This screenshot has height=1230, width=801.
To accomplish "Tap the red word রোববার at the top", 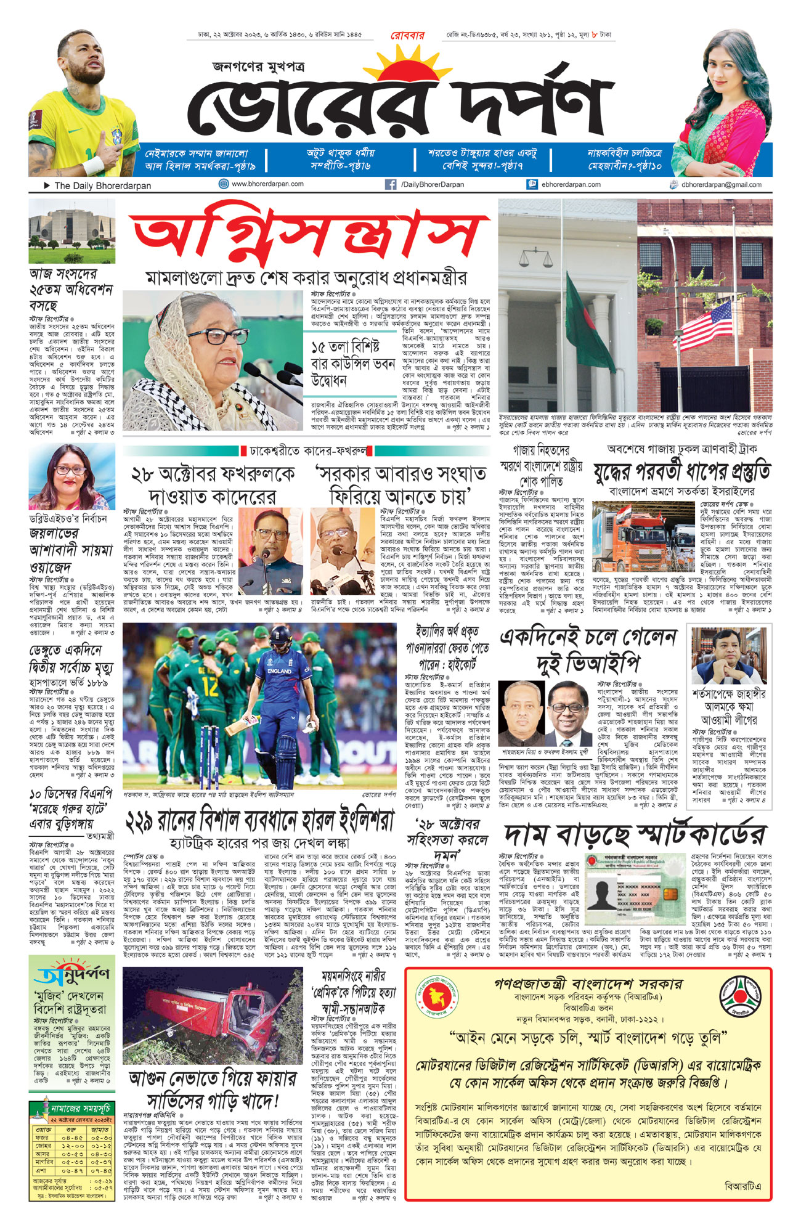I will pyautogui.click(x=407, y=36).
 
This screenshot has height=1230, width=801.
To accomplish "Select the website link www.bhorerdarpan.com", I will pyautogui.click(x=267, y=184).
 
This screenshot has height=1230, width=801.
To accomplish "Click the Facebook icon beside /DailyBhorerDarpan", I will pyautogui.click(x=390, y=184).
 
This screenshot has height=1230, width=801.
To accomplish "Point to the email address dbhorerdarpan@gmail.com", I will pyautogui.click(x=721, y=185).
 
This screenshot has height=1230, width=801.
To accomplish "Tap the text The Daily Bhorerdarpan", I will pyautogui.click(x=102, y=185).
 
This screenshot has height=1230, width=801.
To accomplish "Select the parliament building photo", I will pyautogui.click(x=71, y=232).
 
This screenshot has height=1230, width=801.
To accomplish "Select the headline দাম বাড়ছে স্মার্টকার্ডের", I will pyautogui.click(x=635, y=834).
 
